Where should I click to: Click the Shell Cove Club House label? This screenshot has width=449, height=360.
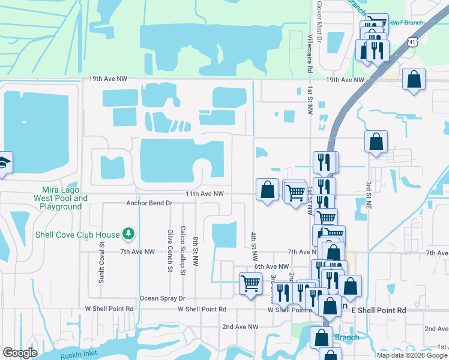tap(77, 235)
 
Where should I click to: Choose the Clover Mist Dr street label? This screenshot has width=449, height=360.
tap(319, 22)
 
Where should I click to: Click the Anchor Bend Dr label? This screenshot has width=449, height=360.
tap(149, 203)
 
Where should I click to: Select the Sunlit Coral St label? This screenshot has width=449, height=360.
tap(102, 253)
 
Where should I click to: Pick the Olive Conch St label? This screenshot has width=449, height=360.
tap(170, 251)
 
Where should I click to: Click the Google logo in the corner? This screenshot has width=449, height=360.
tap(20, 353)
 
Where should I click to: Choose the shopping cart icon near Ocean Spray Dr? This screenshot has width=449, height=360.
tap(250, 283)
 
